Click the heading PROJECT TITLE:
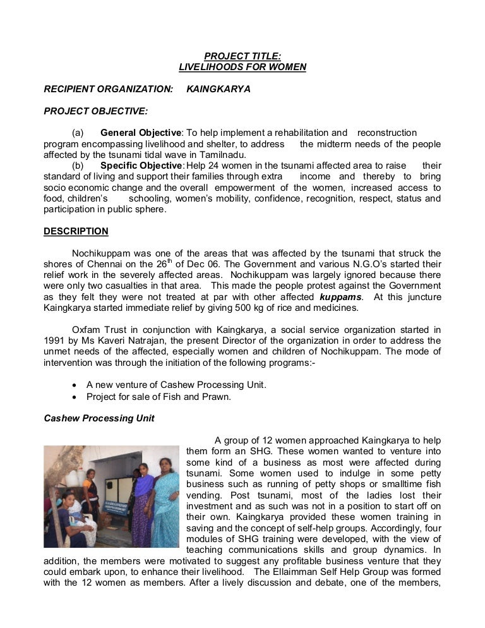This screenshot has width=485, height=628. coord(242,56)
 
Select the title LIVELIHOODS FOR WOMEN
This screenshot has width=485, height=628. coord(242,67)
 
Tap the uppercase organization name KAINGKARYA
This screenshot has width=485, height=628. coord(219,89)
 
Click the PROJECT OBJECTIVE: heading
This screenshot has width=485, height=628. coord(95,111)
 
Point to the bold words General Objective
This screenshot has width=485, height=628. coord(141,133)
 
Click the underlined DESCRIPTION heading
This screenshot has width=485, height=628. coord(76,231)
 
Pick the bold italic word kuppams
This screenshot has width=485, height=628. coord(341,296)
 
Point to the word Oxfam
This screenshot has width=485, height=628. coord(87,330)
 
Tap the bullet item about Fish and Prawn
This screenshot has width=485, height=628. coord(159,397)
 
